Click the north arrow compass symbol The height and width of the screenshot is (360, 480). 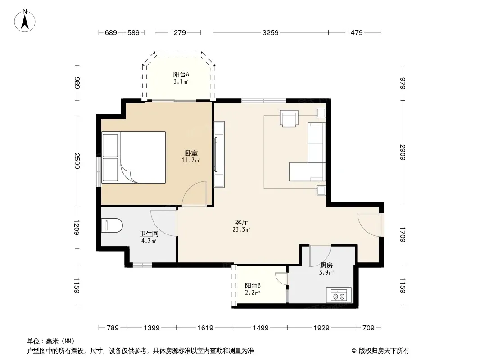coord(25,21)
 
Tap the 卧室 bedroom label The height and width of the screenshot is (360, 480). coord(191,153)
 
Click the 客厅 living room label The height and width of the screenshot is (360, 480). coord(241,222)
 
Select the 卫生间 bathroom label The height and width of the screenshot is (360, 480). coord(149,234)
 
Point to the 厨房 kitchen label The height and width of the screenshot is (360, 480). coord(326,265)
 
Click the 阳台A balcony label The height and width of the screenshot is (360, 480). coord(181,74)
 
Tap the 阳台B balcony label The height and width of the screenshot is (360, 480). coord(253,285)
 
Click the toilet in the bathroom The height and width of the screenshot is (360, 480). coord(112,225)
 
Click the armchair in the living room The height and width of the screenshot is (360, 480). coord(289,118)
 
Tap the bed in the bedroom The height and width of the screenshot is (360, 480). coord(134,157)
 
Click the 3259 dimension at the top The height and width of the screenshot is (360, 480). coord(270,32)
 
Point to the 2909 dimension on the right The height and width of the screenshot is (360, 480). coord(403,152)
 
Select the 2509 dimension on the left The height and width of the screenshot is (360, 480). coord(77,161)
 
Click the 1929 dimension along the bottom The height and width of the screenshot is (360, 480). coord(322,328)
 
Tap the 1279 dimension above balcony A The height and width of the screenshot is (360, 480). coord(178,32)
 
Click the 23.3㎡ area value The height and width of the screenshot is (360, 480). coord(241,229)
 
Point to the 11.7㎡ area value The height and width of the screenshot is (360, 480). coord(191,160)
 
